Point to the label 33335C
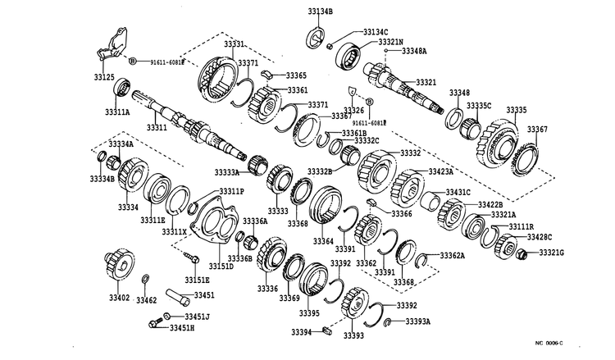point(479,106)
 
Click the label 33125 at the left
point(104,77)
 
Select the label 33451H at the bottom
point(183,328)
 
